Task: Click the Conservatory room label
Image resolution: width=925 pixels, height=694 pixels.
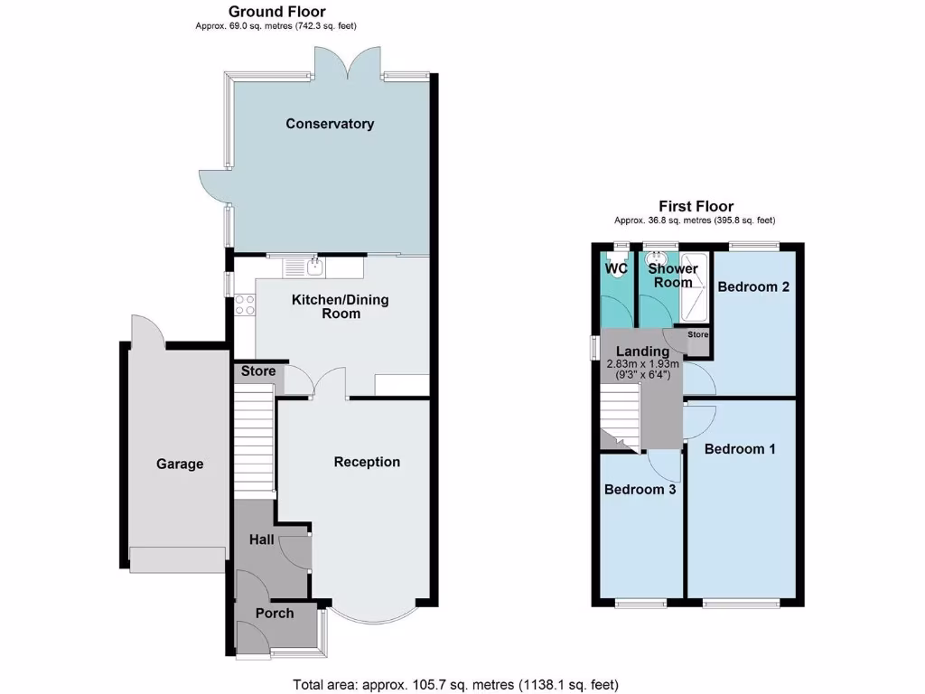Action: [x=330, y=124]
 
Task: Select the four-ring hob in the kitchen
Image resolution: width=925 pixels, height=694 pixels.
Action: [x=244, y=305]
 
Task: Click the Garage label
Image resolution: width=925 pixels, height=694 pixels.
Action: [x=180, y=464]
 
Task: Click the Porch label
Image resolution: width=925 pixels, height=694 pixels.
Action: [x=275, y=613]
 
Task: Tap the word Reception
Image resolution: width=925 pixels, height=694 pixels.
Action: [x=367, y=462]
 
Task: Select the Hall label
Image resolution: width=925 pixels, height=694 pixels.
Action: [x=263, y=539]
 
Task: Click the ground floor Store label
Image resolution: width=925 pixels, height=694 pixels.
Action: [x=257, y=371]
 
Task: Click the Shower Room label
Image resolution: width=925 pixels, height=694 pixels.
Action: [x=673, y=275]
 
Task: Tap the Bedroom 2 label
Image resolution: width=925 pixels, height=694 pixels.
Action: [x=754, y=286]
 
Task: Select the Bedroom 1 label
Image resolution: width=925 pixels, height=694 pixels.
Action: [x=740, y=448]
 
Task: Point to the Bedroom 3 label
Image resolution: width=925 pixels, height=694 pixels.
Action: [x=640, y=489]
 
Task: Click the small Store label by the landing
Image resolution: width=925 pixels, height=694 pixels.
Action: [x=698, y=334]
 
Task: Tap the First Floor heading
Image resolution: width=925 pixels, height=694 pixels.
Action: [x=696, y=206]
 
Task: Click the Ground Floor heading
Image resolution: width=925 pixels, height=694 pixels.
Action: [x=277, y=12]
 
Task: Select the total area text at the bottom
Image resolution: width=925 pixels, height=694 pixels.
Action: [x=456, y=684]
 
